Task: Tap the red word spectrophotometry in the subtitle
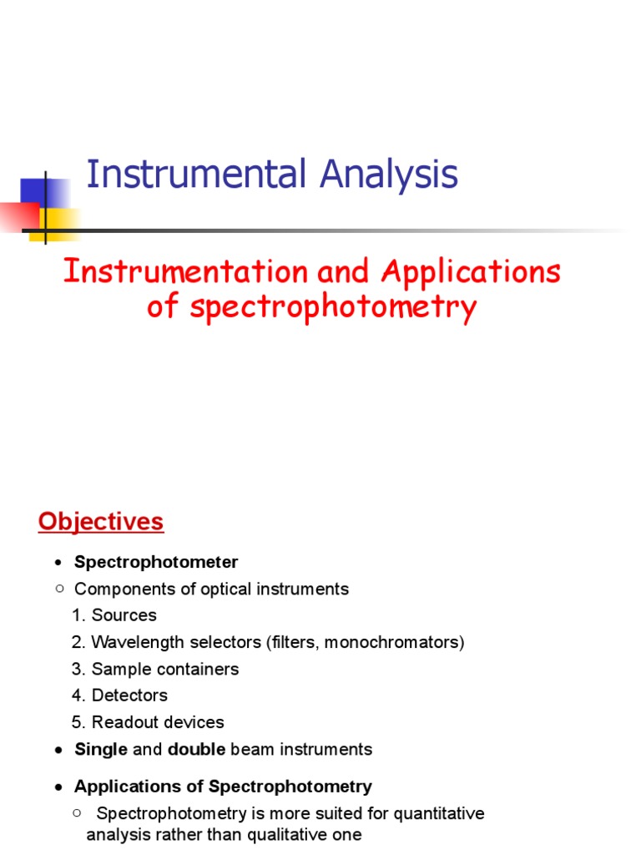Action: [x=333, y=307]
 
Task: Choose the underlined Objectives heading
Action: [x=101, y=523]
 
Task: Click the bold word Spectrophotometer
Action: [x=156, y=562]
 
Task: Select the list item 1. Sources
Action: [x=114, y=615]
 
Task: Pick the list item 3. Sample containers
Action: [x=155, y=669]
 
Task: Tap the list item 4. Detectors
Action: [x=119, y=696]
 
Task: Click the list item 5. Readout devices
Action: [x=148, y=722]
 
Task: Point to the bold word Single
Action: [x=101, y=750]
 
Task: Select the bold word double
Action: [x=197, y=750]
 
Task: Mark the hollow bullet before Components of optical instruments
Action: [x=59, y=589]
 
